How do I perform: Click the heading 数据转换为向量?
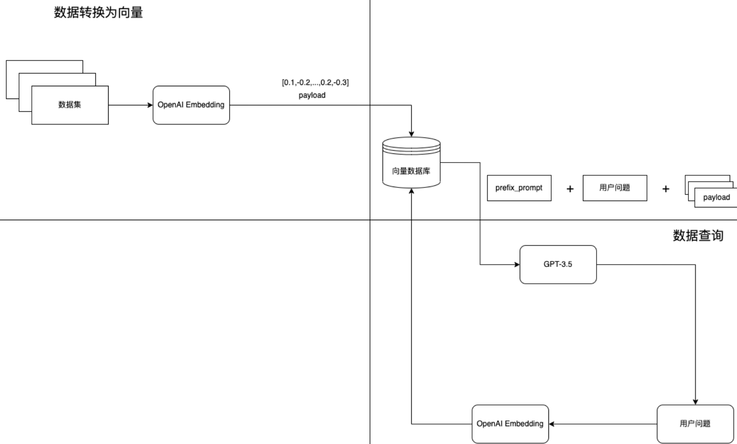(99, 13)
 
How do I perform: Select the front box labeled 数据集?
(70, 105)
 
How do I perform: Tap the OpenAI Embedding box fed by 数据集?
(191, 105)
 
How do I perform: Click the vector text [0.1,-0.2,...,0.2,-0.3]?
(315, 83)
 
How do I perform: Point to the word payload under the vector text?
(312, 95)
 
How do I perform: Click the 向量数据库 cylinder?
(411, 163)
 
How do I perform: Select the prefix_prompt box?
(519, 188)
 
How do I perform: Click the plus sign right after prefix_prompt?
(570, 189)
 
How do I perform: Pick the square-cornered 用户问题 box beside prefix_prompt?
(615, 188)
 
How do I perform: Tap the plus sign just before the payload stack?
(666, 189)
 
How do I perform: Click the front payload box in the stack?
(716, 197)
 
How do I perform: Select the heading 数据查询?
(698, 236)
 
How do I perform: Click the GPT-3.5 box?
(558, 265)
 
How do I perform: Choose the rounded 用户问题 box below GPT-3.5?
(695, 424)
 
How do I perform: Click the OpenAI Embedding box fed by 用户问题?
(510, 424)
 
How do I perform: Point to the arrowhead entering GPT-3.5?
(517, 265)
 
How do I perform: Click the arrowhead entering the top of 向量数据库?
(411, 134)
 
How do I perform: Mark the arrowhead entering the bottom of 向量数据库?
(411, 191)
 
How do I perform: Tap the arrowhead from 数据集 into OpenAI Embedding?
(150, 105)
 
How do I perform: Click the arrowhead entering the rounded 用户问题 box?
(695, 402)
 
